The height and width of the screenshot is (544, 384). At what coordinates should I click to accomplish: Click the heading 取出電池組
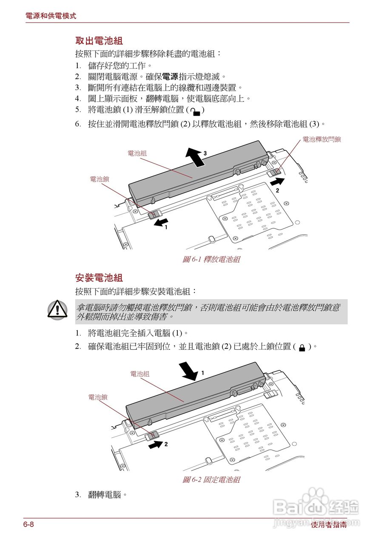(x=99, y=41)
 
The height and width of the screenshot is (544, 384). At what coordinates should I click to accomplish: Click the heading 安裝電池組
(x=99, y=278)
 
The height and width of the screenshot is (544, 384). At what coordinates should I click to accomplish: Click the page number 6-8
(x=28, y=524)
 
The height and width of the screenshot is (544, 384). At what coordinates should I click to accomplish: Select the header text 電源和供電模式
(x=51, y=16)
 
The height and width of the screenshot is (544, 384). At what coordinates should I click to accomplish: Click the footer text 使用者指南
(x=329, y=525)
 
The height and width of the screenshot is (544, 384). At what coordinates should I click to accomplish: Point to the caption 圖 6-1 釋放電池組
(x=211, y=259)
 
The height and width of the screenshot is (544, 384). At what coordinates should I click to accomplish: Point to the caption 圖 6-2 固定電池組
(x=211, y=479)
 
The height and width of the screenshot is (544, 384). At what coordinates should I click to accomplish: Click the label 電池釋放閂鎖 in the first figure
(x=321, y=139)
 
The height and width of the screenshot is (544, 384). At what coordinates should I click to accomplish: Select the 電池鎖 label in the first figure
(x=99, y=179)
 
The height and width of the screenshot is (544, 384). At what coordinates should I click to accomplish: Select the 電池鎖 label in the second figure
(x=97, y=397)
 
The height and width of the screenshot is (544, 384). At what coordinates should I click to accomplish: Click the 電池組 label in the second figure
(x=139, y=374)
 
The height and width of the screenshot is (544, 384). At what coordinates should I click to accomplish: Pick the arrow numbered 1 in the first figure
(x=161, y=223)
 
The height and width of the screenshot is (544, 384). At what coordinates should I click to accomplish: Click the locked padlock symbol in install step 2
(x=302, y=348)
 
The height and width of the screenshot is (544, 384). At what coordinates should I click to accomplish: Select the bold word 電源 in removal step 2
(x=170, y=77)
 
